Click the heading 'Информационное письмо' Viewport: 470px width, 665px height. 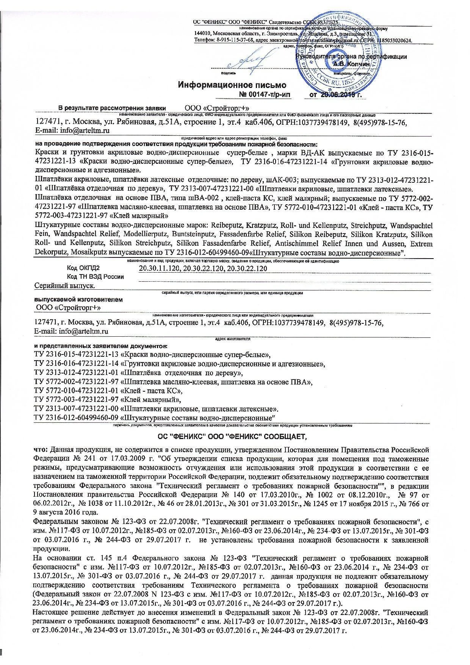click(x=232, y=85)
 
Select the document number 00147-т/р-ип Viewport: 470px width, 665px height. click(x=265, y=94)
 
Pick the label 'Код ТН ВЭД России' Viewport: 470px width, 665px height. click(x=95, y=277)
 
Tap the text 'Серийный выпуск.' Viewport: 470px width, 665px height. click(x=64, y=285)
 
